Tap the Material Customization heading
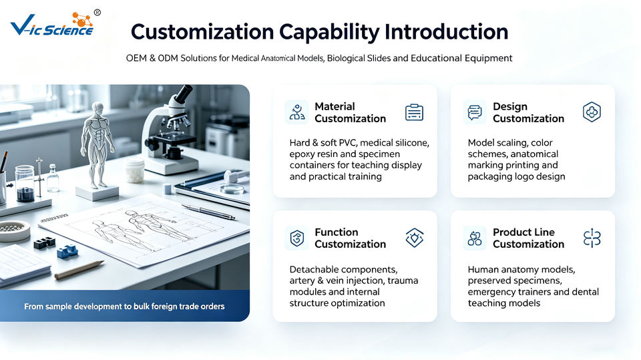coord(350,112)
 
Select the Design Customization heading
coord(528,112)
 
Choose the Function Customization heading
coord(350,238)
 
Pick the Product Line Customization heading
coord(528,238)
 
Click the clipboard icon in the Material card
coord(414,112)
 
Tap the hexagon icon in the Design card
coord(592,112)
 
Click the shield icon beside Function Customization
coord(296,238)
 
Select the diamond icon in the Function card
coord(414,238)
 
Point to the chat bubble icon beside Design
coord(475,112)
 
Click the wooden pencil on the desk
coord(79,270)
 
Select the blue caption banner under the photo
coord(125,306)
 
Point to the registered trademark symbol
coord(97,13)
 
